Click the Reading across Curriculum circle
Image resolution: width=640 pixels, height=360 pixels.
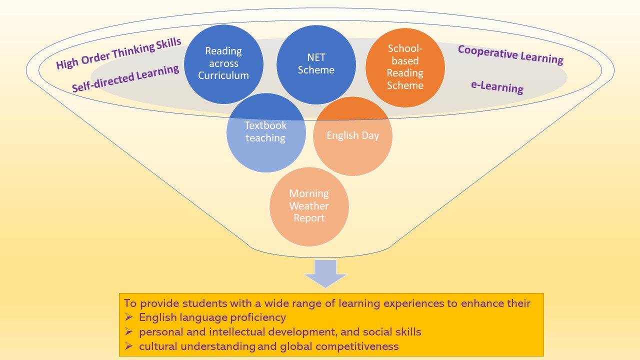pos(223,64)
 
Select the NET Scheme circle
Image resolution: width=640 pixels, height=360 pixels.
pos(316,64)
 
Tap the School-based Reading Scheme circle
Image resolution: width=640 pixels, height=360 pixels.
pos(405,67)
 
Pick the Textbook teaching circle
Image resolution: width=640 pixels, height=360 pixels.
pos(266,132)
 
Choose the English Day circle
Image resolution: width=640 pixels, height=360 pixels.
pos(352,136)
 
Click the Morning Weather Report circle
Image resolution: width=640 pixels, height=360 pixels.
pos(309,206)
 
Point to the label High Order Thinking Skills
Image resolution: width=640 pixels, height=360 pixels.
pos(118,53)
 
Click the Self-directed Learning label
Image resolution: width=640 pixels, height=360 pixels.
pos(125,78)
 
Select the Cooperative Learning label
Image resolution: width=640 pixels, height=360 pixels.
pos(510,55)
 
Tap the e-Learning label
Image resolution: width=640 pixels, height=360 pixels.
pos(497,87)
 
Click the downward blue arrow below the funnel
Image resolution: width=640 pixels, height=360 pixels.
pos(325,273)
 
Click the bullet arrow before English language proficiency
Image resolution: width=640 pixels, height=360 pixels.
pos(128,317)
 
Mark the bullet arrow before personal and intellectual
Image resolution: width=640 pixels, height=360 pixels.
pos(128,331)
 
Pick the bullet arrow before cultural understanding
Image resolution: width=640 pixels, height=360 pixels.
pos(128,346)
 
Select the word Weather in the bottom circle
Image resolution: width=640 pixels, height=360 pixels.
pos(309,206)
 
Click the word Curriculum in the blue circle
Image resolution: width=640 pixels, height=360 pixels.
pos(223,75)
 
